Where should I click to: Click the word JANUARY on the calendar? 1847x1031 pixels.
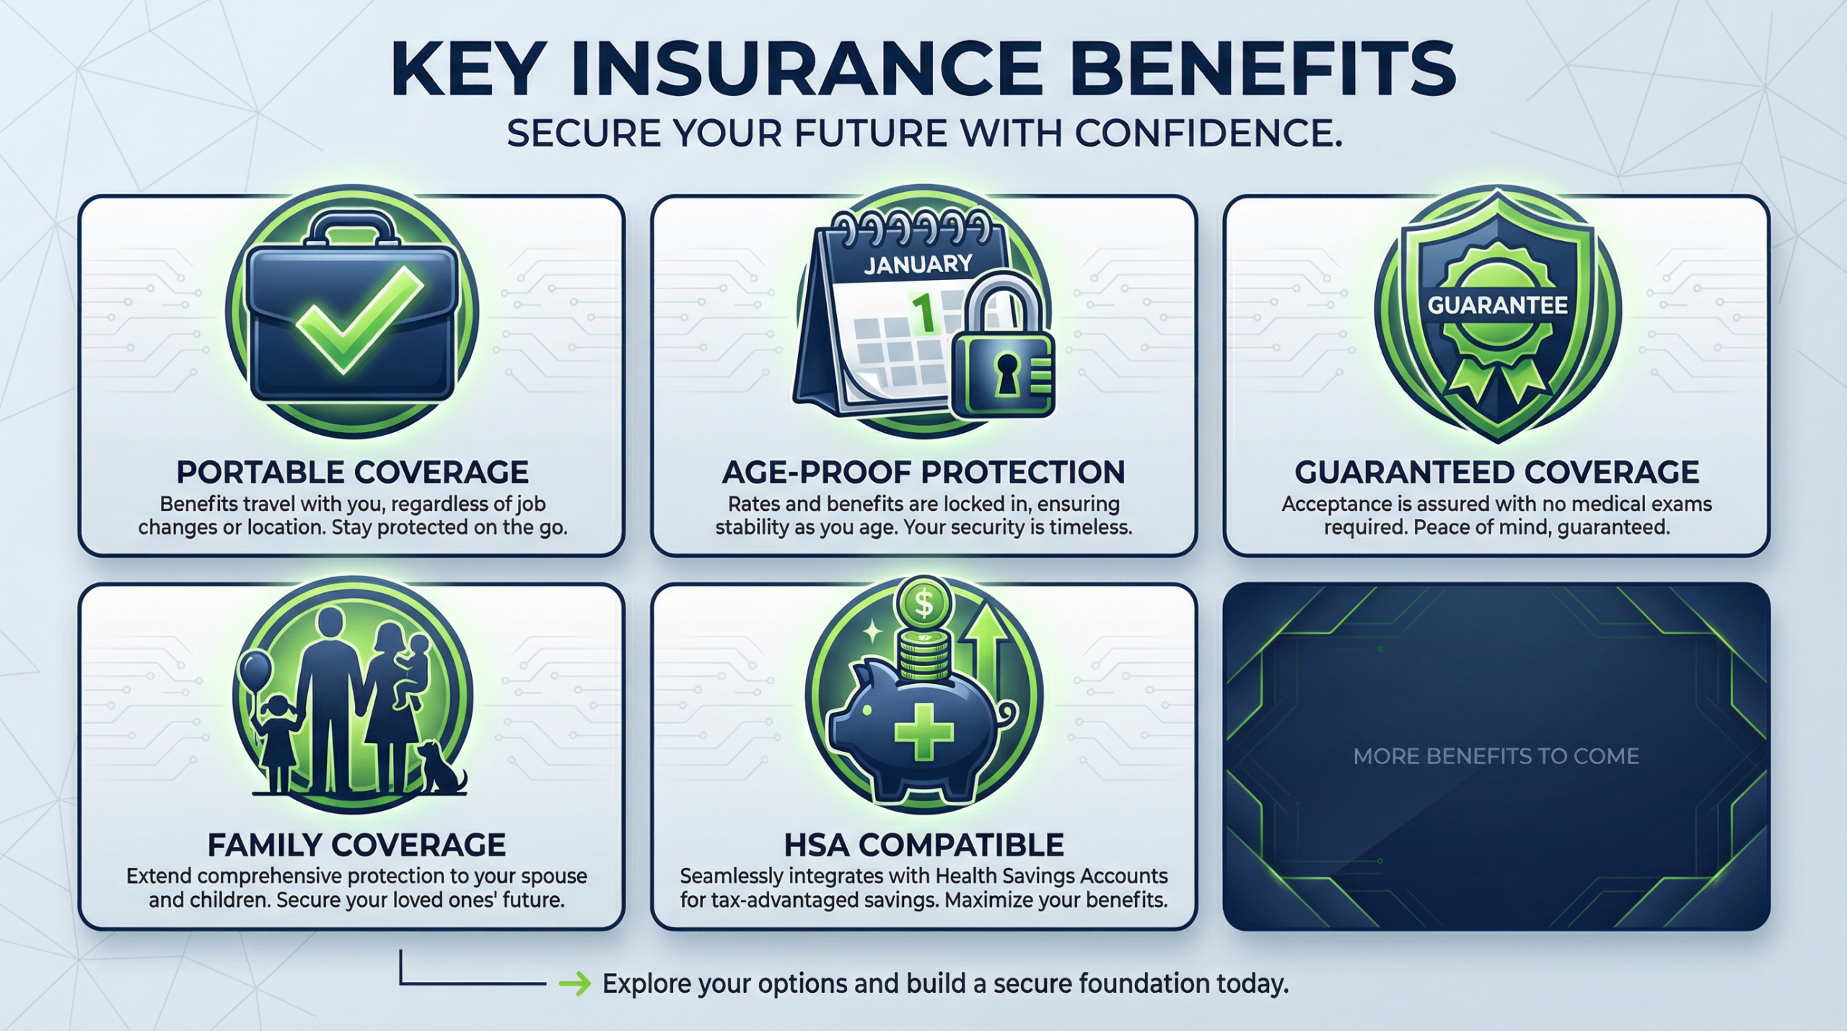coord(918,264)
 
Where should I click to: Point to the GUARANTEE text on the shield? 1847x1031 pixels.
coord(1498,305)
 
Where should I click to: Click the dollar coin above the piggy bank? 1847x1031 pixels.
coord(923,603)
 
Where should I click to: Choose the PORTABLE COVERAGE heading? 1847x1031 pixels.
coord(353,472)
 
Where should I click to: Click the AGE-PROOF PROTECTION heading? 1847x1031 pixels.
coord(923,472)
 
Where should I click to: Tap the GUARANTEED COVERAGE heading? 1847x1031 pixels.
coord(1497,472)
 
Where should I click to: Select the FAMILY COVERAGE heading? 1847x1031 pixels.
coord(356,844)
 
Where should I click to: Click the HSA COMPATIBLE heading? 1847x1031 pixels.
coord(923,844)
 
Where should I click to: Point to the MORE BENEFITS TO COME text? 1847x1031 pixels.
coord(1496,756)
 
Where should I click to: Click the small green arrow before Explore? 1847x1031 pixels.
coord(575,984)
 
